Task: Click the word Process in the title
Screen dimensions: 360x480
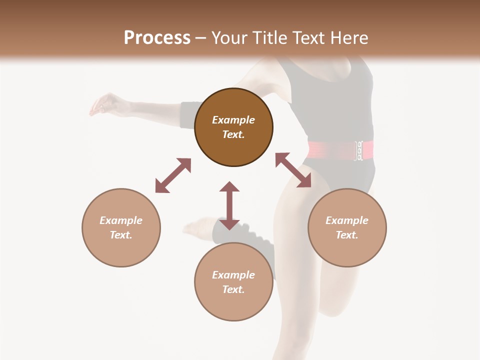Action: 157,38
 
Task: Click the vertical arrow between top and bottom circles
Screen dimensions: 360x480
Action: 229,205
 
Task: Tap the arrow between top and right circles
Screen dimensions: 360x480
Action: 293,170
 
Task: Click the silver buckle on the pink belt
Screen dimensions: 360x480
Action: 358,150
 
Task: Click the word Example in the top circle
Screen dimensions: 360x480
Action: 233,120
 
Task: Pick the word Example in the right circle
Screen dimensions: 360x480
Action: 347,220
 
